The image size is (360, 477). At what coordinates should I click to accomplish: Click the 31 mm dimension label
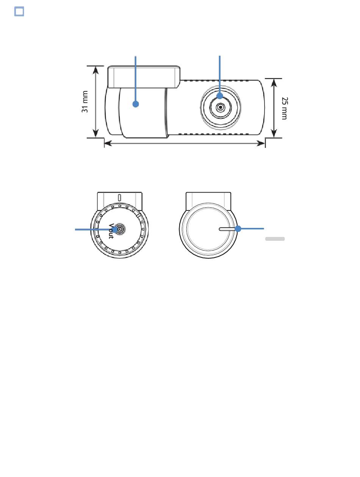85,101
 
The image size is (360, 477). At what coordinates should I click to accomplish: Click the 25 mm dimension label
284,108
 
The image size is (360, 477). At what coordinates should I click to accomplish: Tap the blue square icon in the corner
19,11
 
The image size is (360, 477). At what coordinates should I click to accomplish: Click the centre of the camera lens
221,107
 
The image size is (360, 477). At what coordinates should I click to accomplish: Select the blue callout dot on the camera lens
220,96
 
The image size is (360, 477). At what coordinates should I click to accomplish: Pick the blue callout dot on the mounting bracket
136,104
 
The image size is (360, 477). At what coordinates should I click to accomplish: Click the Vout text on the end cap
111,231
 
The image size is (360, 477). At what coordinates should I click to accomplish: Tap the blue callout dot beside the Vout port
115,229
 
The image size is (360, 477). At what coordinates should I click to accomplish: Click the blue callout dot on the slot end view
238,229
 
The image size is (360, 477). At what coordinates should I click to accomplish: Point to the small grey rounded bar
275,239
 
